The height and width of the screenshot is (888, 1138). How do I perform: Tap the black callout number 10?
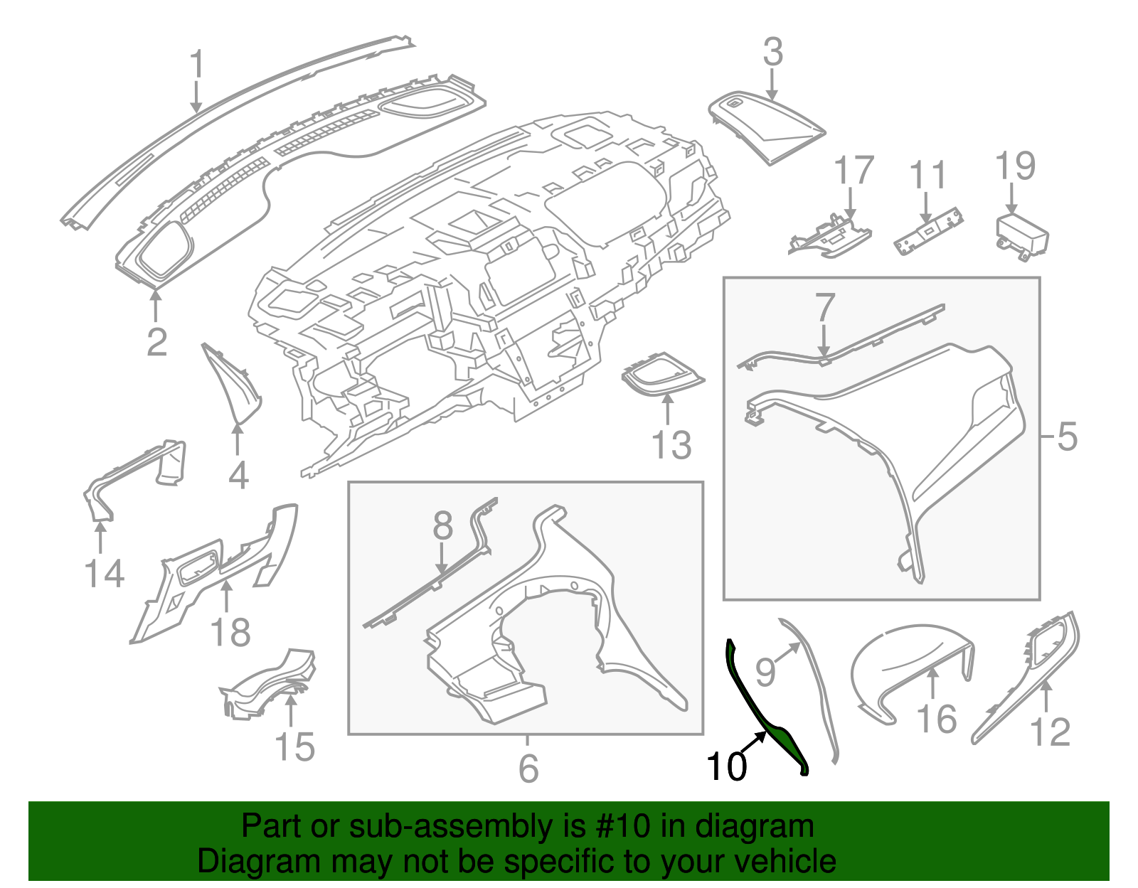coord(726,766)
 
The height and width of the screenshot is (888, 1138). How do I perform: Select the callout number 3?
coord(772,53)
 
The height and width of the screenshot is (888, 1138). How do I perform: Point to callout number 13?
coord(671,446)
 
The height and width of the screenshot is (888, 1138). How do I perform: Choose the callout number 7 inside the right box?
coord(824,309)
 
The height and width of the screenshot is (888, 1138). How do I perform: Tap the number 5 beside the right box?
coord(1066,436)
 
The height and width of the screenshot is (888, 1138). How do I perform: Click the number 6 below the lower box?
coord(528,768)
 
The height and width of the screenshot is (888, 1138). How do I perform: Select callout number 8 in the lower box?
coord(442,526)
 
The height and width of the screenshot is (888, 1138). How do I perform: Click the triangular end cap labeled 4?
coord(235,387)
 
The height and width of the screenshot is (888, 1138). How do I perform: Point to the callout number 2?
coord(156,342)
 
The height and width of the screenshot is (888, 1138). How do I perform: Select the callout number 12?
coord(1049,732)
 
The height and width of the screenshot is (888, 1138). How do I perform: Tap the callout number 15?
coord(294,747)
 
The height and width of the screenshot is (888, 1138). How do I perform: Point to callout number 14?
coord(104,573)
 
